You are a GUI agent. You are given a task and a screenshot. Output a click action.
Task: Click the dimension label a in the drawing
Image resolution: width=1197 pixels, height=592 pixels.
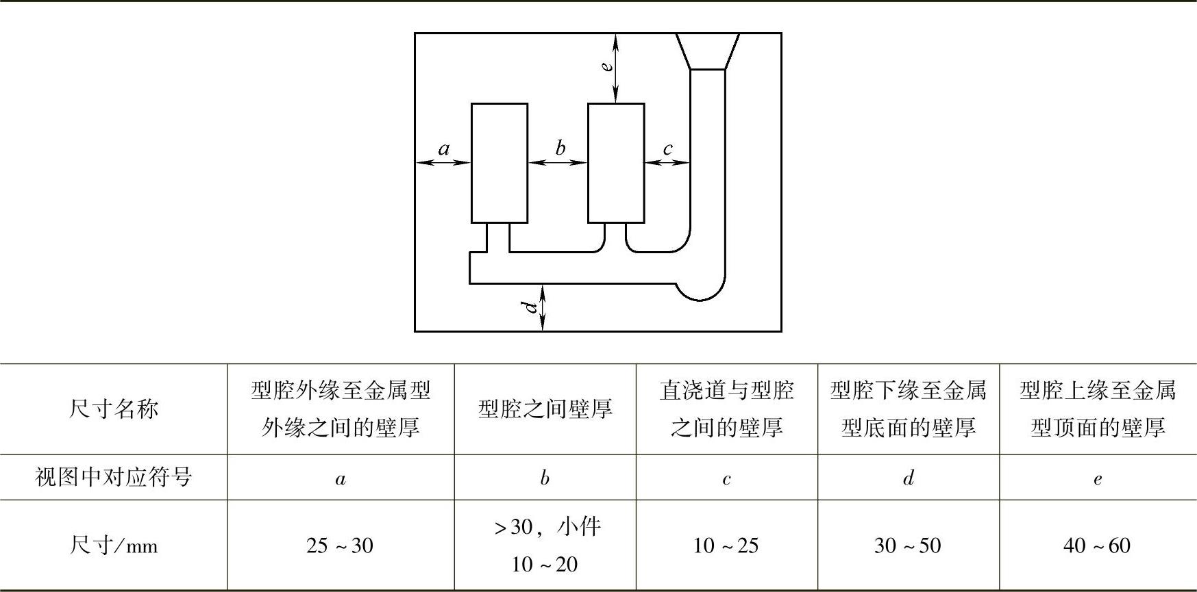(444, 149)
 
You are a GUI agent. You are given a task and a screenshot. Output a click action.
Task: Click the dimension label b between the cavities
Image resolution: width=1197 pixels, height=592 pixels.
(560, 147)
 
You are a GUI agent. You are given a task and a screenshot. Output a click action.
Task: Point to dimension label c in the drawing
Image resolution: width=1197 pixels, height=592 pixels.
(667, 149)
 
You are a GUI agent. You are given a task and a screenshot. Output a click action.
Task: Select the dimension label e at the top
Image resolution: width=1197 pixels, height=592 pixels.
(606, 66)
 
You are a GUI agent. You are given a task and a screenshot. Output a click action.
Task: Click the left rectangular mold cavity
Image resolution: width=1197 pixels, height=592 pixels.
(499, 163)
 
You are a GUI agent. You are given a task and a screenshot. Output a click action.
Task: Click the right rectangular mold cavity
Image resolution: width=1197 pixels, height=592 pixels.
(616, 163)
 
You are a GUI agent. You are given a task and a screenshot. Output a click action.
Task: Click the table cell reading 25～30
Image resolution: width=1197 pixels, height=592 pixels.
(340, 545)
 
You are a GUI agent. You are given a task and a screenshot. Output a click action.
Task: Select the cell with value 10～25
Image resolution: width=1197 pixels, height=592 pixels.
(726, 545)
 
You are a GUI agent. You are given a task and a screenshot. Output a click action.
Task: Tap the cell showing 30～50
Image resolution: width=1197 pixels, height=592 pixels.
(908, 545)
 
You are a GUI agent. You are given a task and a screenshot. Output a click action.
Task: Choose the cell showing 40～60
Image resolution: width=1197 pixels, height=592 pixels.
(1097, 545)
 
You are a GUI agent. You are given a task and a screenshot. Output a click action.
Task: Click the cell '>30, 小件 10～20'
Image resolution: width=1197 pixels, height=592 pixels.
(545, 545)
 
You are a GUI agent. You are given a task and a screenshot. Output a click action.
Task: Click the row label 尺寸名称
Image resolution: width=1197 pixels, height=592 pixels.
(113, 409)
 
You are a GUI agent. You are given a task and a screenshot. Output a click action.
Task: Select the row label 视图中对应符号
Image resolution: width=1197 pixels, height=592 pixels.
(113, 477)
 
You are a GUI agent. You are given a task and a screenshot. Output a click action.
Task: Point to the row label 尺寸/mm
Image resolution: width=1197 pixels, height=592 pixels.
(113, 545)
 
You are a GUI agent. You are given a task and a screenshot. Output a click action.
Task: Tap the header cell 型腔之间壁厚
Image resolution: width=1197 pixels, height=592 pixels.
(545, 409)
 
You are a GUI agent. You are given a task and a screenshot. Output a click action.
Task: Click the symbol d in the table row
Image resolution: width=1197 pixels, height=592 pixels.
(909, 478)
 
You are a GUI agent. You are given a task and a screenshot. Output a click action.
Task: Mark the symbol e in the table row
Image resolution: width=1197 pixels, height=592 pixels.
(1098, 479)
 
